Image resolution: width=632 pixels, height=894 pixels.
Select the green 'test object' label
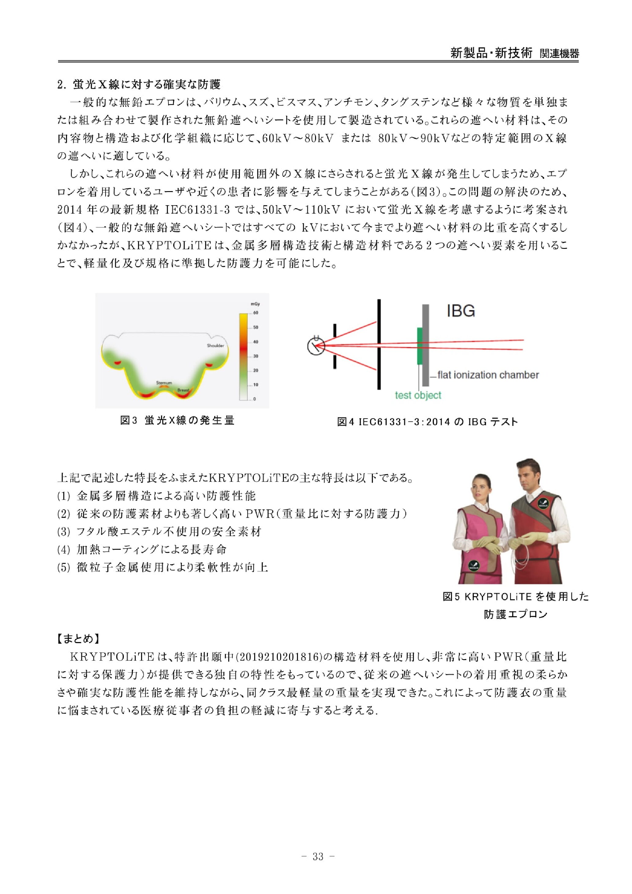418,396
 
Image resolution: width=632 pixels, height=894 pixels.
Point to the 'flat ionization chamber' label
488,375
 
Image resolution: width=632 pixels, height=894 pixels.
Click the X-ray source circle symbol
316,346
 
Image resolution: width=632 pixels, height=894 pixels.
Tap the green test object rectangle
420,346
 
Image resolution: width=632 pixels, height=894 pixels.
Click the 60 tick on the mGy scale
255,313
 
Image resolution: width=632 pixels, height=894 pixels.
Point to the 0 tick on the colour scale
255,399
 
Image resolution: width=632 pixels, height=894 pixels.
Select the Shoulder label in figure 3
215,346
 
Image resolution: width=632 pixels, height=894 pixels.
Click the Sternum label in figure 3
164,383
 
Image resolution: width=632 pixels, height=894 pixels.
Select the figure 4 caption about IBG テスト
427,422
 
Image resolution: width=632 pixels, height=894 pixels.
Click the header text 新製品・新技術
491,53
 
